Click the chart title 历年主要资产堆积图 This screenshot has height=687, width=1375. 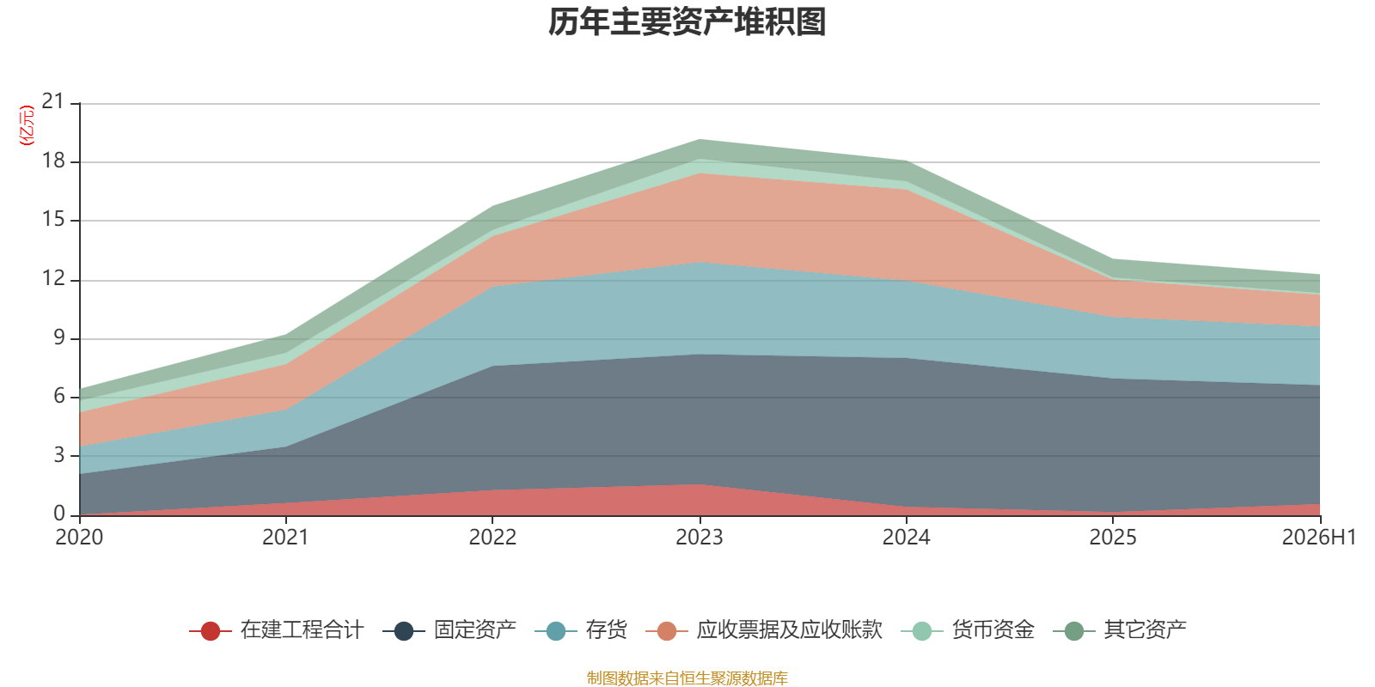click(687, 22)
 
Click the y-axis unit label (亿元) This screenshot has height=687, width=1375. click(27, 125)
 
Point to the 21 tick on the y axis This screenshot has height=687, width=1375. click(52, 101)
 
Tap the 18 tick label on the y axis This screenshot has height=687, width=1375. click(52, 161)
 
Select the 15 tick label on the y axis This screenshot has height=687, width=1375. click(52, 219)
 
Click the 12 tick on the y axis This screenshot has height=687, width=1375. click(52, 279)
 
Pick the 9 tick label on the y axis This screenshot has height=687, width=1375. click(59, 337)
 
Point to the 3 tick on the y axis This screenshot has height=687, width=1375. click(59, 455)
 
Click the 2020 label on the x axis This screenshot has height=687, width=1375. click(79, 538)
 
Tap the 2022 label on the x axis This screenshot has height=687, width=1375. click(492, 538)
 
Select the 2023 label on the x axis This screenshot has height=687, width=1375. click(700, 538)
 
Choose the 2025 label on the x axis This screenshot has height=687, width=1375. click(1113, 538)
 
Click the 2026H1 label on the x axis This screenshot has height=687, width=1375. click(1319, 538)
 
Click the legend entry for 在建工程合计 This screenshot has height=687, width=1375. click(277, 630)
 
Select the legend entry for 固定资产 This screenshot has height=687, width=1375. click(449, 630)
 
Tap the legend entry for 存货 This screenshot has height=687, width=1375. click(581, 630)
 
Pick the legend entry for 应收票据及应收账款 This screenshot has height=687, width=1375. click(764, 630)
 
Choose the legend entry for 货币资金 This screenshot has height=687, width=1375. click(968, 630)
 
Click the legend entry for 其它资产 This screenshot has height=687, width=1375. click(1120, 630)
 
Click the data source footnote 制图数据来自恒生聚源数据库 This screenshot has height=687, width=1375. click(687, 678)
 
